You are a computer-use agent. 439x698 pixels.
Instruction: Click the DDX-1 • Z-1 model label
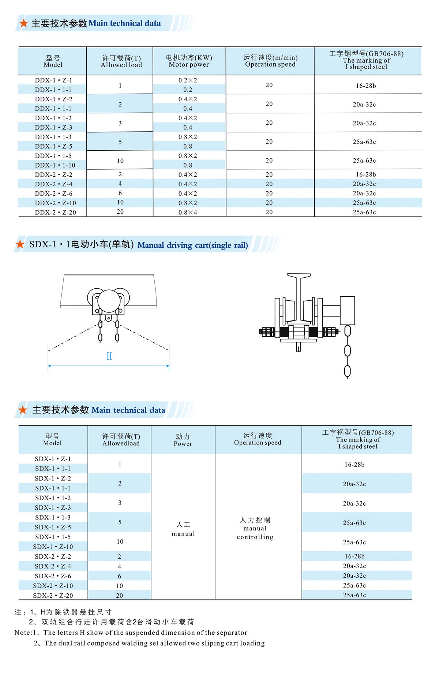tap(53, 80)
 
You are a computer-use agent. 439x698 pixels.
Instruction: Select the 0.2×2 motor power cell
tap(188, 80)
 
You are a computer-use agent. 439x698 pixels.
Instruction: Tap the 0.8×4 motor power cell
tap(188, 212)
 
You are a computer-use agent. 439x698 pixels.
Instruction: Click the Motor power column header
tap(189, 61)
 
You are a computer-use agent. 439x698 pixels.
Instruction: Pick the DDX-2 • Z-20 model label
tap(55, 212)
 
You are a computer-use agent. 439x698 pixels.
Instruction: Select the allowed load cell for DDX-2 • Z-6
tap(120, 193)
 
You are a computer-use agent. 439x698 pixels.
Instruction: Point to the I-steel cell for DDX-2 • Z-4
tap(364, 184)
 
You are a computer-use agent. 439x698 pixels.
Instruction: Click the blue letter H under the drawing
tap(109, 356)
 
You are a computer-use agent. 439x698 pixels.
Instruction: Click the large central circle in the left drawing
tap(109, 300)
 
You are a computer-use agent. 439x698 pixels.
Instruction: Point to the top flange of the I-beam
tap(299, 275)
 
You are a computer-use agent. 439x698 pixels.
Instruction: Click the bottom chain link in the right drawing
tap(347, 371)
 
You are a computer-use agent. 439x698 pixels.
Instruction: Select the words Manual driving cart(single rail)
tap(192, 245)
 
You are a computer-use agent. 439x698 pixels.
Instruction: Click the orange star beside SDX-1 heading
tap(20, 244)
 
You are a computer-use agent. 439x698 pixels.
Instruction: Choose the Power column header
tap(183, 440)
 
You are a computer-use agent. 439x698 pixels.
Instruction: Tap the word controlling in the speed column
tap(255, 537)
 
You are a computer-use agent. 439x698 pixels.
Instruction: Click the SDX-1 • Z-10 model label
tap(53, 547)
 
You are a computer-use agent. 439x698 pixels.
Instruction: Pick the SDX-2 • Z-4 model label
tap(53, 566)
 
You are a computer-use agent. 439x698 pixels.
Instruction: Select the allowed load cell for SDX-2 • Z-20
tap(120, 595)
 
